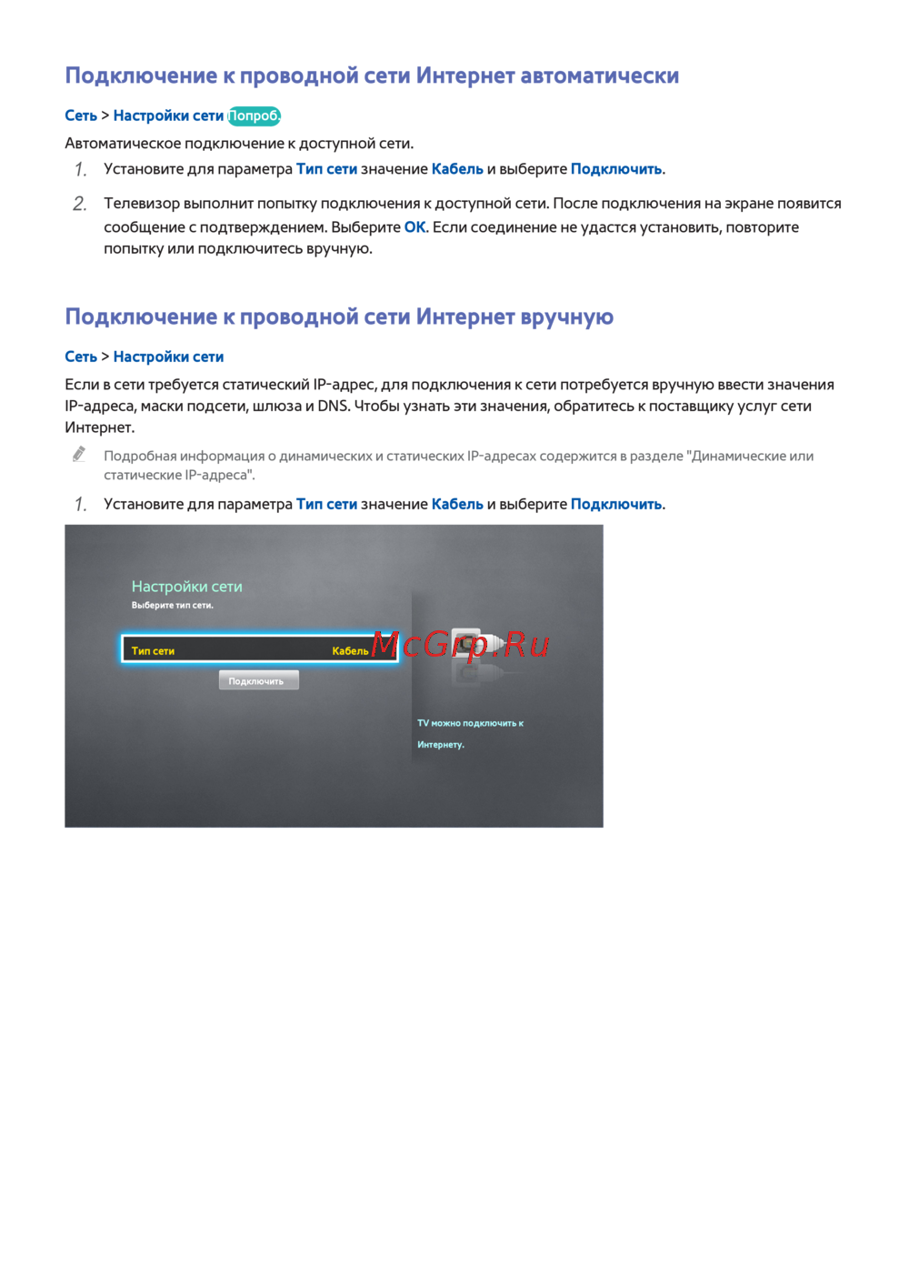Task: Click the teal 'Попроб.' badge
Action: pos(254,116)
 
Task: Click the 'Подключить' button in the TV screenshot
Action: pos(258,681)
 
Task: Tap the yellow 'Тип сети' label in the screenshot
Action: pos(153,651)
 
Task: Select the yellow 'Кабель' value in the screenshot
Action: pos(350,651)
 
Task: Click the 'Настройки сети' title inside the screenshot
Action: pos(186,587)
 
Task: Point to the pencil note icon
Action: pos(79,454)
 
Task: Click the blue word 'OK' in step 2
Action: pos(415,227)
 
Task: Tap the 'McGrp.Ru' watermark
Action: pos(460,645)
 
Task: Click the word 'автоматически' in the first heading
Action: pos(599,75)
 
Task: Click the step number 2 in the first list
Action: pos(80,204)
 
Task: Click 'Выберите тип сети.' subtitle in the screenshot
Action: pos(172,606)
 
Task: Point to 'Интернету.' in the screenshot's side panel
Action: pos(441,745)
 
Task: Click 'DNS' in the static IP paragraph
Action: pos(333,406)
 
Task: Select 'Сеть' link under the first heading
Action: pos(81,116)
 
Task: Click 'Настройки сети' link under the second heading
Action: pos(168,357)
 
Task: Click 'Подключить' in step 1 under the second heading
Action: pos(615,504)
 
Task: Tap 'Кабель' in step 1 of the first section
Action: pos(457,169)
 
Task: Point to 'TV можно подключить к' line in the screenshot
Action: pos(470,723)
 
